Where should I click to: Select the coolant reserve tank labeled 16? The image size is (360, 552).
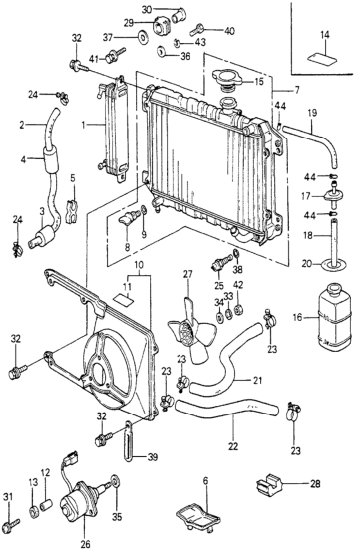[x=335, y=317]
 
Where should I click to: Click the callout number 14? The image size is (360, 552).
[x=325, y=35]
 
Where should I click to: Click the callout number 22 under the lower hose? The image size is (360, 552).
[x=233, y=446]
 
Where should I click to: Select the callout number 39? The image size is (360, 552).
[x=153, y=457]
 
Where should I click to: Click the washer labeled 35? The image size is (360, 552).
[x=116, y=482]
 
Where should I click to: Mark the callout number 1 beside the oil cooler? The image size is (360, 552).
[x=83, y=125]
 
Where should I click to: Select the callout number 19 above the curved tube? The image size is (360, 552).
[x=312, y=113]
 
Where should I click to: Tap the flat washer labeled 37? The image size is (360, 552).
[x=143, y=36]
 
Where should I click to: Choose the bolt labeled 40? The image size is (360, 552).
[x=197, y=29]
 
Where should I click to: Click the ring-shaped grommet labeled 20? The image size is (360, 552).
[x=334, y=264]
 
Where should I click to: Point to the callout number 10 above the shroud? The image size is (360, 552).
[x=139, y=265]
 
